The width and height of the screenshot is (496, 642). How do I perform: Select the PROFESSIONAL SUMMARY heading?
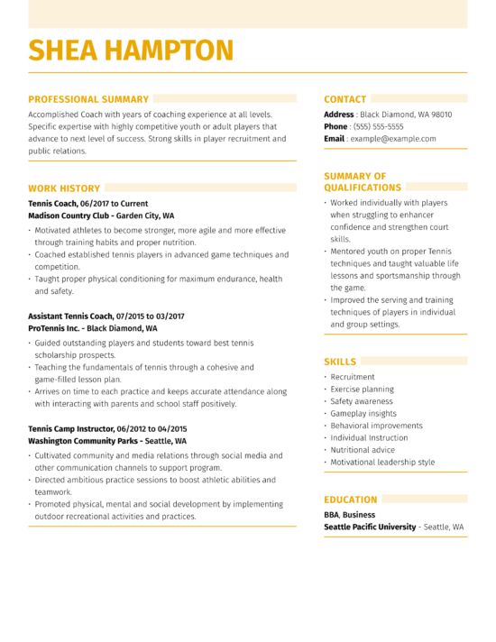88,99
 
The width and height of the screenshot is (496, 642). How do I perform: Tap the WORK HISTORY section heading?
64,188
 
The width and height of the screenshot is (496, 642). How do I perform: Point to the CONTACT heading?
345,99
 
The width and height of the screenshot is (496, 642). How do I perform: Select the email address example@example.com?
393,139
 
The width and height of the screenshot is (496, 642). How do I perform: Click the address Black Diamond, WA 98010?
406,115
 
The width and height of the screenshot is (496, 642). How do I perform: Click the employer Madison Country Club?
69,216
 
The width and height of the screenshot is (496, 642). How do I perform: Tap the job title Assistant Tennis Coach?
70,316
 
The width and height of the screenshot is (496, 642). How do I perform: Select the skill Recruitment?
353,377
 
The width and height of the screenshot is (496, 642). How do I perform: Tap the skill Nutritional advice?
363,450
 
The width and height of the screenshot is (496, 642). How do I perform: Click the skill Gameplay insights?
363,413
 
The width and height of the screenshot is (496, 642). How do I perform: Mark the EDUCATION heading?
351,500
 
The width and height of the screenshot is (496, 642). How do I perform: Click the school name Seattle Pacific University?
370,527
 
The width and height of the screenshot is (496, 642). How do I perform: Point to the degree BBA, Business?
350,514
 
